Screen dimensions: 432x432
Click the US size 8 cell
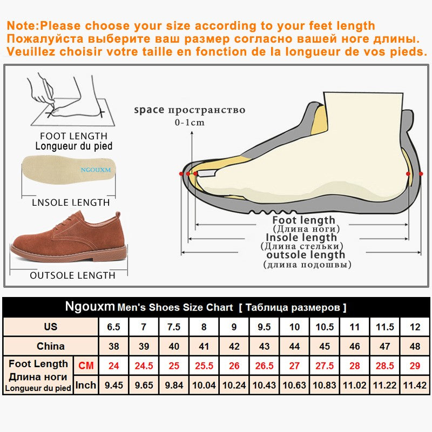tap(204, 327)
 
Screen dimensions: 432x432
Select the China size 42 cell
tap(234, 346)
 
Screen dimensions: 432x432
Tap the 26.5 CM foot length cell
tap(264, 366)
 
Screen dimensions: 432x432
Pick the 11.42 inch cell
tap(415, 385)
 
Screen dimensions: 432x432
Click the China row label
tap(50, 346)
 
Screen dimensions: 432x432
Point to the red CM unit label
tap(86, 366)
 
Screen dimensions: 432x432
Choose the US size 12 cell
tap(415, 327)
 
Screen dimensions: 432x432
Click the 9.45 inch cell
tap(113, 385)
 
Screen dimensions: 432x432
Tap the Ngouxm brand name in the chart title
tap(90, 307)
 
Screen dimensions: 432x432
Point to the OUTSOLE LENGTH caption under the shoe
tap(72, 275)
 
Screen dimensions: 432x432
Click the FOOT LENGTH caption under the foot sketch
tap(73, 136)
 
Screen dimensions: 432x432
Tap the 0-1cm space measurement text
tap(189, 123)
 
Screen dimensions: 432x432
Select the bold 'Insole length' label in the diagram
tap(301, 238)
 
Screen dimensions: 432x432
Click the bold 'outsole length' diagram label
tap(306, 255)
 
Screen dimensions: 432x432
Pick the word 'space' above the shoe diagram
tap(149, 110)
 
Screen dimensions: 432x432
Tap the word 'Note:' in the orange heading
tap(24, 25)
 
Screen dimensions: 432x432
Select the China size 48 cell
tap(415, 346)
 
